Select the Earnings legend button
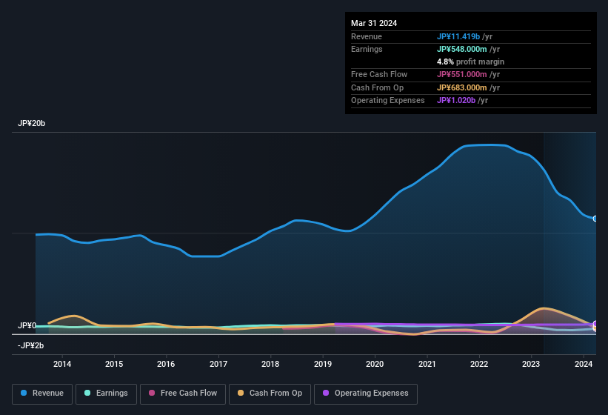[107, 394]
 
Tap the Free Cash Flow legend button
[184, 394]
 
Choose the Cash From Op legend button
[270, 394]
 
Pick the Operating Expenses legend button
[365, 394]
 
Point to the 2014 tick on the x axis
[62, 364]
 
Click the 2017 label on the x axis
[218, 364]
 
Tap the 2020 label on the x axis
[375, 364]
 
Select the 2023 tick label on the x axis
[531, 364]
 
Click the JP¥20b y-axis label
[32, 124]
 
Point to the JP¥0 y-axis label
[27, 326]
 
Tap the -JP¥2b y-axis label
[30, 346]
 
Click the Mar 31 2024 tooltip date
[374, 23]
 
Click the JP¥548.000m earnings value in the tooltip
[463, 49]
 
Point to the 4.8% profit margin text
[470, 62]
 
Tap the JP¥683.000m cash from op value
[463, 87]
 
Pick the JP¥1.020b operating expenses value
[455, 100]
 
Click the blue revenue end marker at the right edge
[595, 219]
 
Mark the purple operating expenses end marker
[595, 324]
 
